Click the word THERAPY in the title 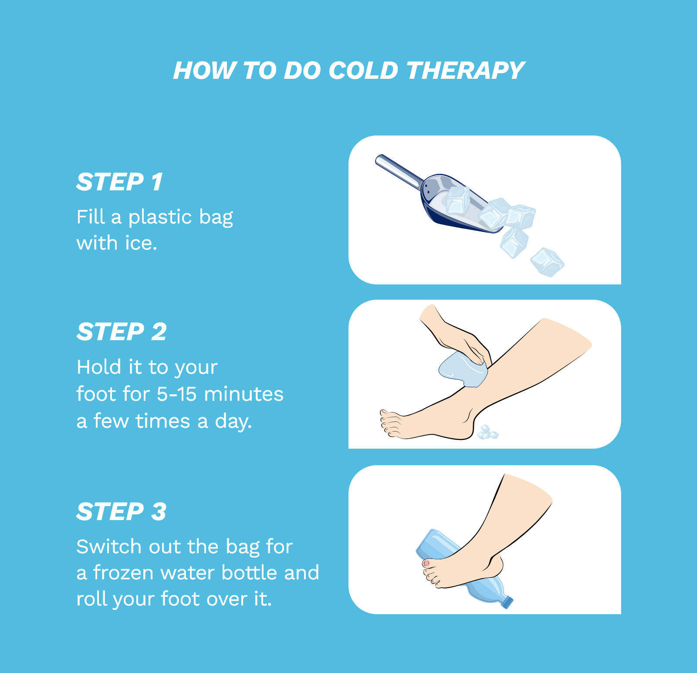pos(465,71)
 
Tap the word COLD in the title pos(363,71)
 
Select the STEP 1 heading pos(120,182)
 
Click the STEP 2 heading pos(122,332)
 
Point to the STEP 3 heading pos(122,511)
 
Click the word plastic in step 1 pos(160,217)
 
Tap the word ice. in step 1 pos(141,243)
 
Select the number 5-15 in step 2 pos(177,394)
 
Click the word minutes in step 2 pos(244,394)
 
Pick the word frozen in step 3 pos(123,573)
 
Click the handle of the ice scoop pos(399,171)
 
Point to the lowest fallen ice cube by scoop pos(547,262)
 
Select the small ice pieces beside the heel pos(487,433)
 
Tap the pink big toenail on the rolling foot pos(426,564)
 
